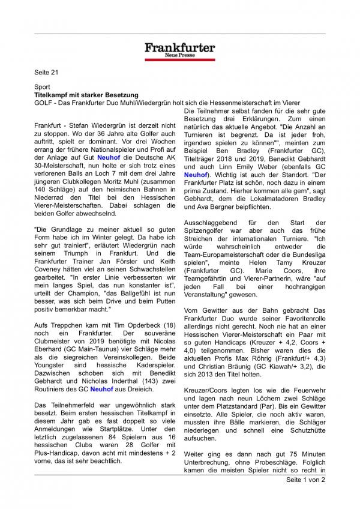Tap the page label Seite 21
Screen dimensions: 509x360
pos(47,73)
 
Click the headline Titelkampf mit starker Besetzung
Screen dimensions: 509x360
pos(86,95)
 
